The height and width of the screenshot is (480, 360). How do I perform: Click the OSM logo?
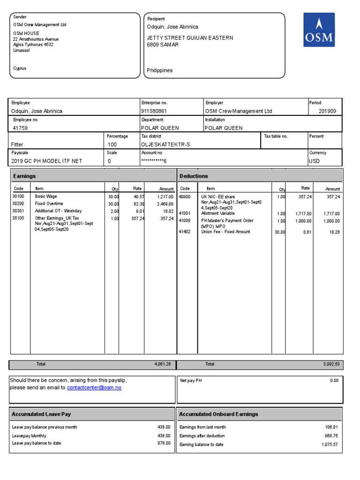pyautogui.click(x=319, y=30)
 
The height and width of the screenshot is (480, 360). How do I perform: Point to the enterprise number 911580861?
pyautogui.click(x=154, y=112)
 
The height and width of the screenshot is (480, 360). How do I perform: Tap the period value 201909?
pyautogui.click(x=327, y=112)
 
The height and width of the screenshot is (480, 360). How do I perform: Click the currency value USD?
pyautogui.click(x=314, y=161)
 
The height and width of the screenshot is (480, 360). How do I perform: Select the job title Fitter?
pyautogui.click(x=17, y=144)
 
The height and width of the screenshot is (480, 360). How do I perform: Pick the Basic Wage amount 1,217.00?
pyautogui.click(x=165, y=197)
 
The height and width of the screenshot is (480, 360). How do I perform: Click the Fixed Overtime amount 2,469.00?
pyautogui.click(x=165, y=204)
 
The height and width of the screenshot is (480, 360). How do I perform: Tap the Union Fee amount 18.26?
pyautogui.click(x=333, y=232)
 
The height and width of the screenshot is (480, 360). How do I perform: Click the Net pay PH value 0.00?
pyautogui.click(x=334, y=381)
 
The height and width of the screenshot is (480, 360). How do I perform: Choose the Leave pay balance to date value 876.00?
pyautogui.click(x=164, y=443)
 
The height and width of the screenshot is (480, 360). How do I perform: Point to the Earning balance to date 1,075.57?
pyautogui.click(x=330, y=444)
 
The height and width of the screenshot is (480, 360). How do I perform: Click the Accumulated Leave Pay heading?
pyautogui.click(x=41, y=414)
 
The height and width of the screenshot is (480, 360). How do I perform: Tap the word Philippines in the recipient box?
pyautogui.click(x=160, y=70)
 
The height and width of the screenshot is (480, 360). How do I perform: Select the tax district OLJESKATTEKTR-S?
pyautogui.click(x=165, y=144)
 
